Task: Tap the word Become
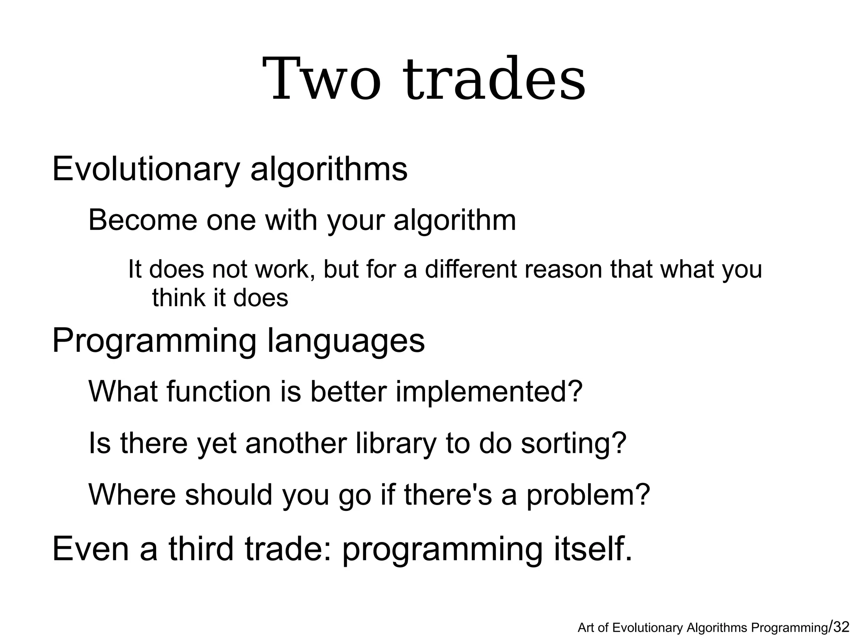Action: (x=143, y=220)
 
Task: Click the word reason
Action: (x=563, y=269)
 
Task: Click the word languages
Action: (x=346, y=341)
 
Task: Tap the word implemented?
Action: (x=489, y=391)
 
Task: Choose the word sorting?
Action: (x=573, y=443)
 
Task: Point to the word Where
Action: (x=132, y=495)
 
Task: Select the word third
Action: (x=201, y=549)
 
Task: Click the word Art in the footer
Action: (x=586, y=628)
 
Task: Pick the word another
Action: (x=296, y=443)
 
